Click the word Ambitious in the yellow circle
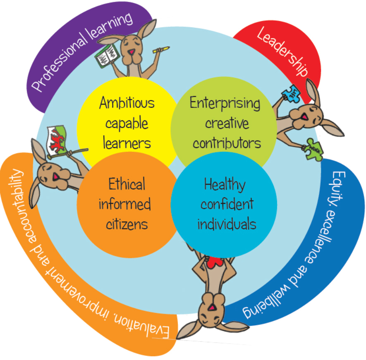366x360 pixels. coord(127,103)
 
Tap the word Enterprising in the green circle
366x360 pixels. coord(225,103)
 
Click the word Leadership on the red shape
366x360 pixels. coord(283,52)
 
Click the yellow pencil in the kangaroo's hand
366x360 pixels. coord(161,50)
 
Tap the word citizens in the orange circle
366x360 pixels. coord(127,224)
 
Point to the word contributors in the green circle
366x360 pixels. coord(226,143)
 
